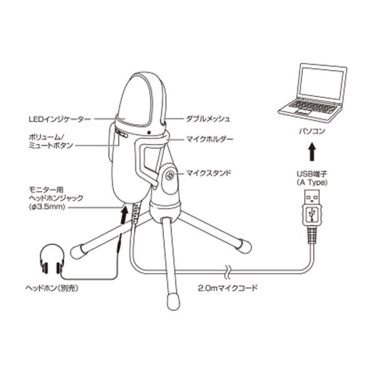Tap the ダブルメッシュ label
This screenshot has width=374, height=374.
coord(209,118)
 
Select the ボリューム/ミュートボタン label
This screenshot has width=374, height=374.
coord(50,140)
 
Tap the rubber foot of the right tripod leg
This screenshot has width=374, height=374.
coord(244,246)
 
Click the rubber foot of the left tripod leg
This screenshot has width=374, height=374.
coord(79,251)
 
